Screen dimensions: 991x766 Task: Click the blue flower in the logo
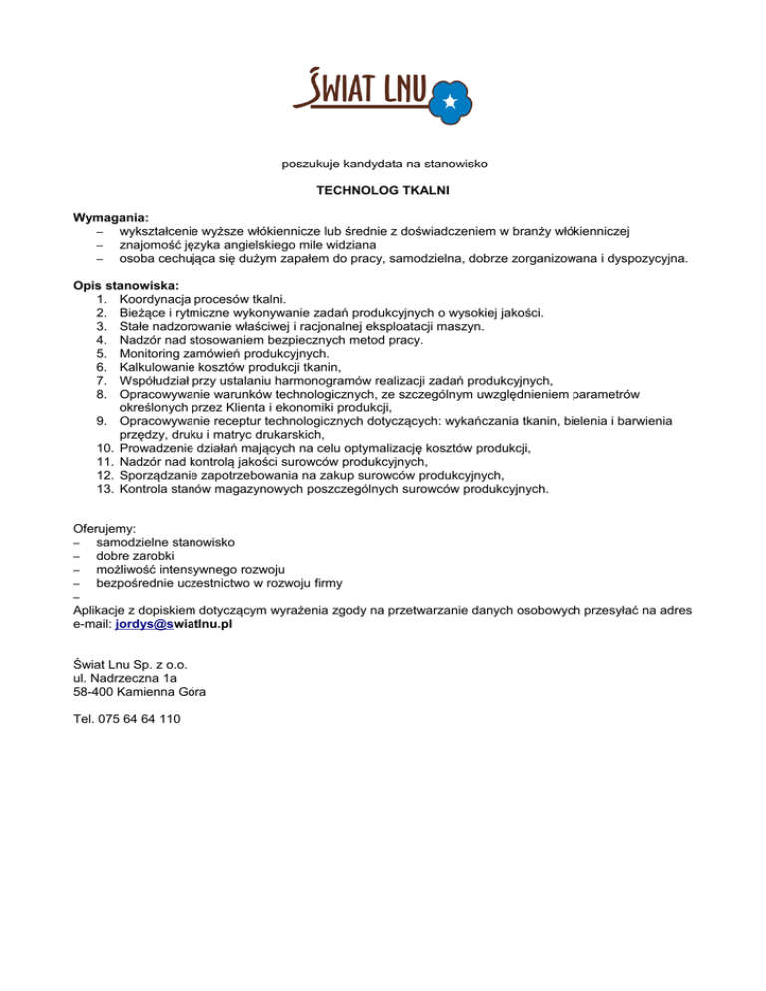click(448, 100)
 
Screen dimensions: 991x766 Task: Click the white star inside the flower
click(449, 100)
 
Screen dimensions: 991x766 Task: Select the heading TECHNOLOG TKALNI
click(383, 188)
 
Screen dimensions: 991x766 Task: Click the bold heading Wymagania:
click(111, 217)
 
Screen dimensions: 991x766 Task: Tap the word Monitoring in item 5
click(151, 353)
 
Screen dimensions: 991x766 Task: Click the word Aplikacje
click(105, 610)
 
